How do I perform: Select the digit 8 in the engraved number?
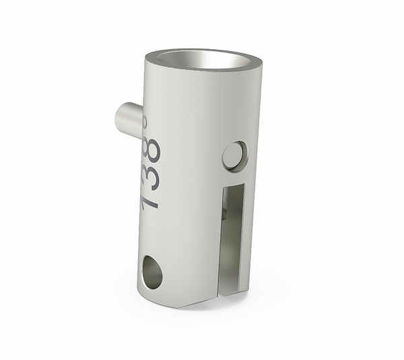(152, 149)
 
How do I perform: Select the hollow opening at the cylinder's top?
(202, 61)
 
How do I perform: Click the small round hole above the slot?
(234, 155)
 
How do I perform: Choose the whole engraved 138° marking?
(151, 168)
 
